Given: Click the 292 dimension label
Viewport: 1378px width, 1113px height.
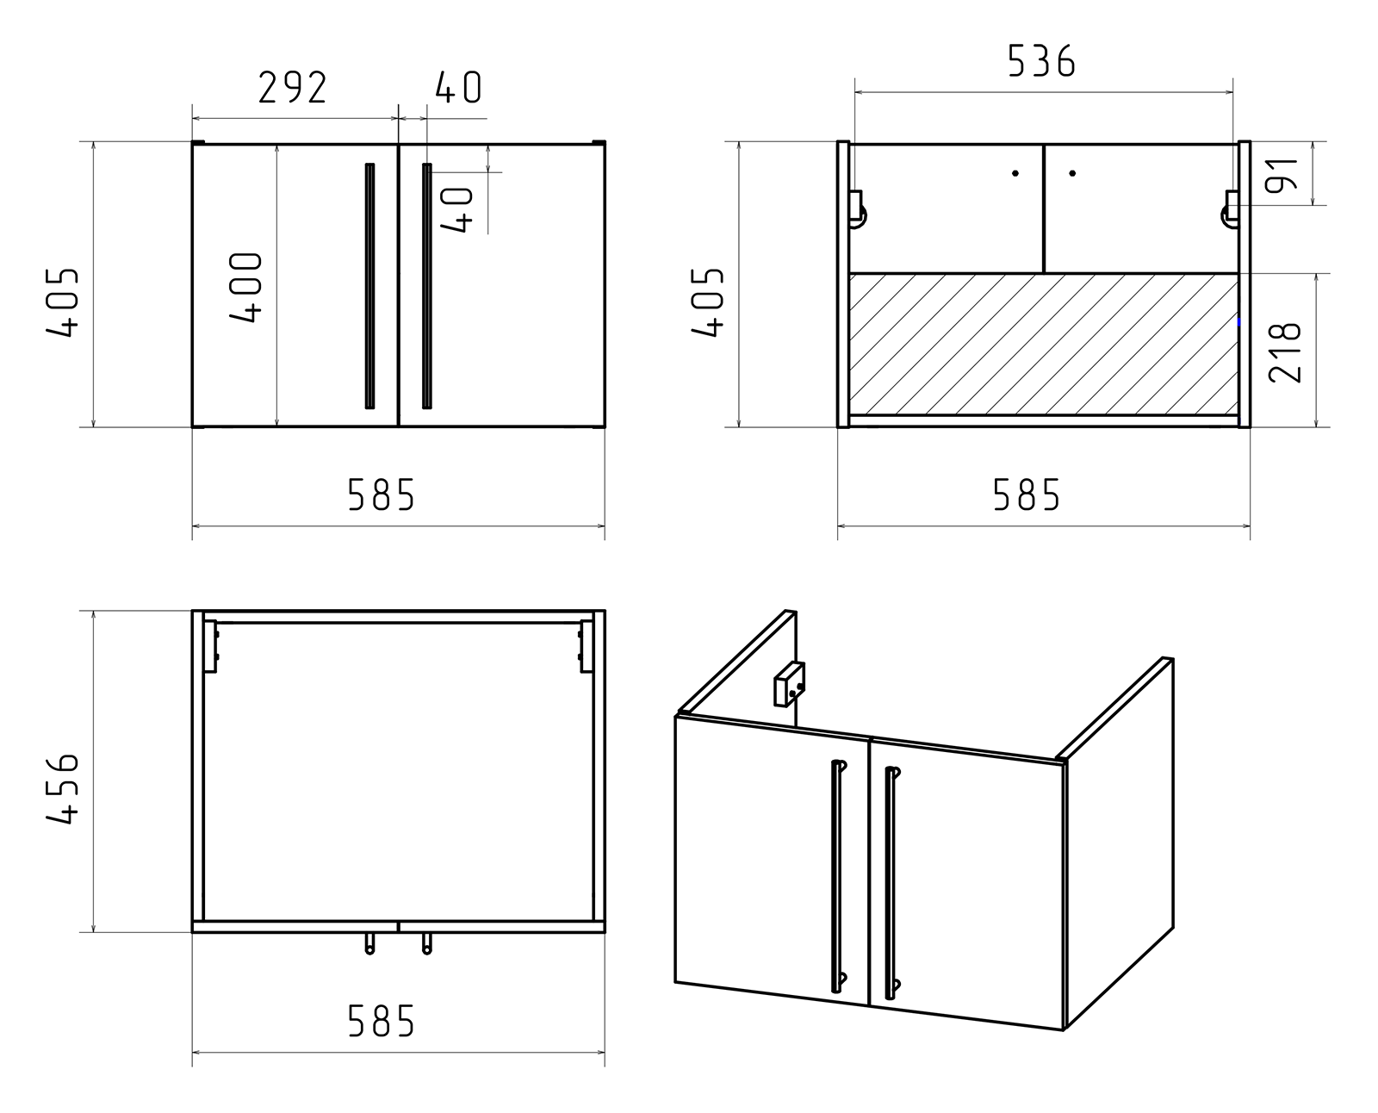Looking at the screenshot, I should tap(293, 88).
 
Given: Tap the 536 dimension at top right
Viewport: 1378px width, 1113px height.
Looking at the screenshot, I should tap(1041, 62).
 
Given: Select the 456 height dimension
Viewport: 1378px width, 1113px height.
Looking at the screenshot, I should tap(62, 790).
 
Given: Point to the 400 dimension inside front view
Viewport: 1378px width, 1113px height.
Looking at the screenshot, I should tap(246, 288).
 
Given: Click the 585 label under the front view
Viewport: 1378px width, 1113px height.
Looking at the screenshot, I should tap(382, 495).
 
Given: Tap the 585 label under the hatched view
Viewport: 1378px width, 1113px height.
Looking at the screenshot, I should tap(1027, 495).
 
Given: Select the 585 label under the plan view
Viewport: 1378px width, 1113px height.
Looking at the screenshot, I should tap(382, 1022).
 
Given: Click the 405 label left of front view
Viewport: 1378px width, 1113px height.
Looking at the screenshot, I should tap(62, 302).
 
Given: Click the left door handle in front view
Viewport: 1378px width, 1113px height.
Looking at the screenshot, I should tap(370, 285).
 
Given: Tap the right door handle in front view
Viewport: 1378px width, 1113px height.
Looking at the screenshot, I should tap(426, 285).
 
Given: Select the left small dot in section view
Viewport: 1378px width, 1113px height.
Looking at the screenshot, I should tap(1015, 174).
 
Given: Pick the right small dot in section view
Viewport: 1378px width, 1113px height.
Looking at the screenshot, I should tap(1072, 174).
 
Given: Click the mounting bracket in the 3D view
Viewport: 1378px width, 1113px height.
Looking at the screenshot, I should tap(789, 684).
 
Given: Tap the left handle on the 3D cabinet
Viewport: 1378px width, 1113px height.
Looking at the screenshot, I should tap(836, 874).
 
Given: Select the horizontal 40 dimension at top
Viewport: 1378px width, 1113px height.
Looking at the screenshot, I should tap(458, 88).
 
